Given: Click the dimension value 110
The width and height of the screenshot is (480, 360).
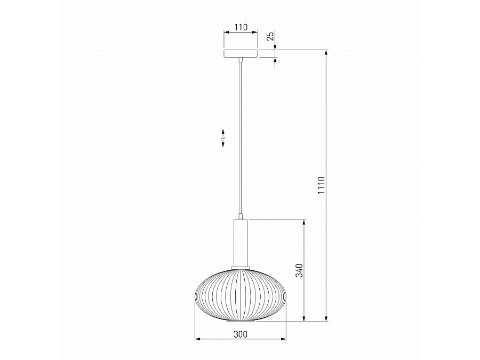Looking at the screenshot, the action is (241, 27).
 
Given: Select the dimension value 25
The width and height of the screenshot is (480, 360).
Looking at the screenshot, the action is (270, 36).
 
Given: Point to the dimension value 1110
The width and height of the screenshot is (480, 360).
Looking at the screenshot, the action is (321, 185).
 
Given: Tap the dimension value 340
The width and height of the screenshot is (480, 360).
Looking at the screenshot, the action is (299, 270).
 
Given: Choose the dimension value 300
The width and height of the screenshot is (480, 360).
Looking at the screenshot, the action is (241, 334).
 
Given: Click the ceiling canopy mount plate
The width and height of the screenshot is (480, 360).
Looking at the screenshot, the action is (241, 53).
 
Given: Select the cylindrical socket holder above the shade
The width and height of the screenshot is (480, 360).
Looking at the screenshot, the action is (241, 243).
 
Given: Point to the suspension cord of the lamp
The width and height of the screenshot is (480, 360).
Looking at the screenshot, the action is (241, 138).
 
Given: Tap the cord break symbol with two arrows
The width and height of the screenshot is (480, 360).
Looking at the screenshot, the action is (223, 138).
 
